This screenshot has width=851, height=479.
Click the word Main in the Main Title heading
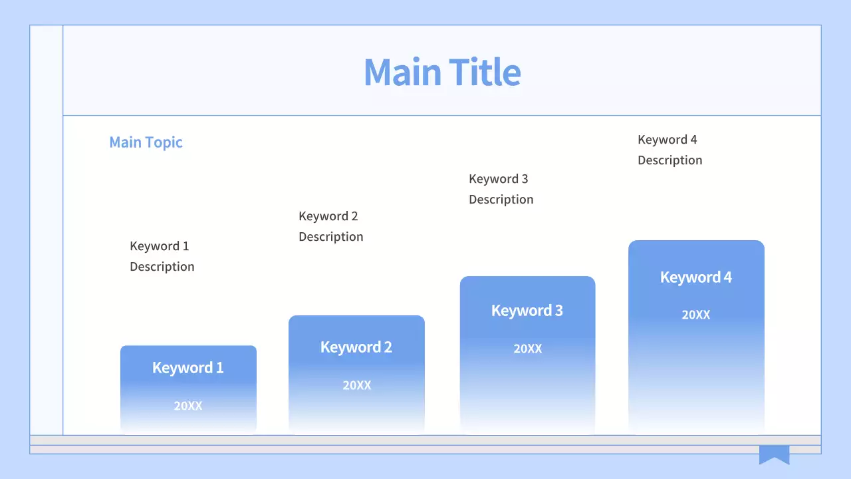[x=402, y=72]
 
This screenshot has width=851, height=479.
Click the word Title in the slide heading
[x=485, y=72]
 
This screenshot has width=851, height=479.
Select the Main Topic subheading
[x=146, y=142]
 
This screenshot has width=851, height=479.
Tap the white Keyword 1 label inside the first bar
[x=188, y=368]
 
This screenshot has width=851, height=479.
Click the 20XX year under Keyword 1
[x=188, y=406]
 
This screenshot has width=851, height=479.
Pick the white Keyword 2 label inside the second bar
[x=356, y=347]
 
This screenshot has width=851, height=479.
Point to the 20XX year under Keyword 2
[x=357, y=385]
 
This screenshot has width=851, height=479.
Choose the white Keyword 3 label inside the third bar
[x=527, y=311]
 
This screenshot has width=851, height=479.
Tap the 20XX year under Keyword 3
[x=528, y=349]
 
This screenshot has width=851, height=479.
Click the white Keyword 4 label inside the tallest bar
[x=696, y=277]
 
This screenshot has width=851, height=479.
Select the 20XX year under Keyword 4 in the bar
[x=696, y=315]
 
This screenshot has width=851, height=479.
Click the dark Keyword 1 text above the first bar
[x=160, y=246]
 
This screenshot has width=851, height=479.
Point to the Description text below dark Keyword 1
[x=162, y=267]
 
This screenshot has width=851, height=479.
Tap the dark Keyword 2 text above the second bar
[x=328, y=216]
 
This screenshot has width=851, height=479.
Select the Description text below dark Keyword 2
[x=331, y=237]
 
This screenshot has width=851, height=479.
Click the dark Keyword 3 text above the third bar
[x=499, y=179]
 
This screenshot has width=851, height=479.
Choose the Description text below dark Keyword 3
[x=501, y=200]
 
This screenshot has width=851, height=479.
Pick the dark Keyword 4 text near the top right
[x=668, y=140]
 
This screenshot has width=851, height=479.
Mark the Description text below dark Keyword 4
[x=670, y=160]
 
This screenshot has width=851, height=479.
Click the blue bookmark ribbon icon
[x=775, y=453]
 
